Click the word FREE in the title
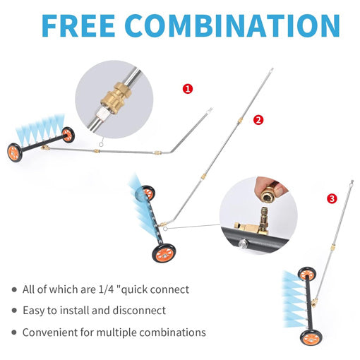[78, 26]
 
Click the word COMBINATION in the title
[232, 26]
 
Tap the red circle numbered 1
[188, 89]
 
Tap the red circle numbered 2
[258, 120]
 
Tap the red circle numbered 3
[332, 199]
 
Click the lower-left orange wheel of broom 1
[15, 152]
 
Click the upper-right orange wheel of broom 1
[68, 135]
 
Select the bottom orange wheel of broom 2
[164, 253]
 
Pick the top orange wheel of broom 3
[306, 274]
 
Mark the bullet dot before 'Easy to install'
[14, 311]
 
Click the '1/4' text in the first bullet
[106, 289]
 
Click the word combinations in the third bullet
[173, 332]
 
